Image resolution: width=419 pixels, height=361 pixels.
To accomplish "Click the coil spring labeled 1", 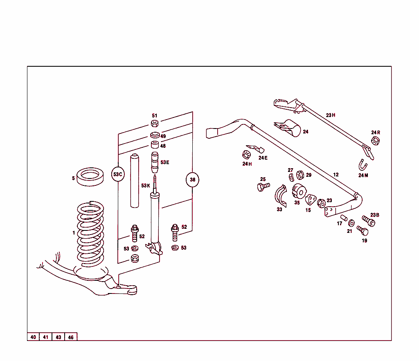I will pyautogui.click(x=90, y=235).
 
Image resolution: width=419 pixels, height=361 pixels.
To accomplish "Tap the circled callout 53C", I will pyautogui.click(x=118, y=174).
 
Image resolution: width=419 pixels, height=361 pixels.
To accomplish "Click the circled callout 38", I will pyautogui.click(x=192, y=180).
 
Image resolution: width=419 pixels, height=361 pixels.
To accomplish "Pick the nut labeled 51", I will pyautogui.click(x=155, y=124).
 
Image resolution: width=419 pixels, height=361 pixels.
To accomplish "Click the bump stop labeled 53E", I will pyautogui.click(x=155, y=163).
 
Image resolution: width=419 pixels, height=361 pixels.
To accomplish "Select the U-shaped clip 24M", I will pyautogui.click(x=363, y=165).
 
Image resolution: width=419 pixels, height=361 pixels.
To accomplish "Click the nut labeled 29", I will pyautogui.click(x=299, y=175).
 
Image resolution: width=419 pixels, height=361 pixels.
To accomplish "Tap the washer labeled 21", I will pyautogui.click(x=351, y=223).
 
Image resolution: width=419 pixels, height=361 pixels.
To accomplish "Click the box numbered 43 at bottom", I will pyautogui.click(x=59, y=337).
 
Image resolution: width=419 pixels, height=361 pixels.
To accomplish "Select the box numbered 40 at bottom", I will pyautogui.click(x=33, y=337).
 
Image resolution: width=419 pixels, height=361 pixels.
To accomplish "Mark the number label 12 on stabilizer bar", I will pyautogui.click(x=336, y=175).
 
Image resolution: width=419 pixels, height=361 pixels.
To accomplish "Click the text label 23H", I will pyautogui.click(x=331, y=115).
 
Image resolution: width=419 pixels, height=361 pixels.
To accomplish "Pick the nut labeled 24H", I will pyautogui.click(x=246, y=155).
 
